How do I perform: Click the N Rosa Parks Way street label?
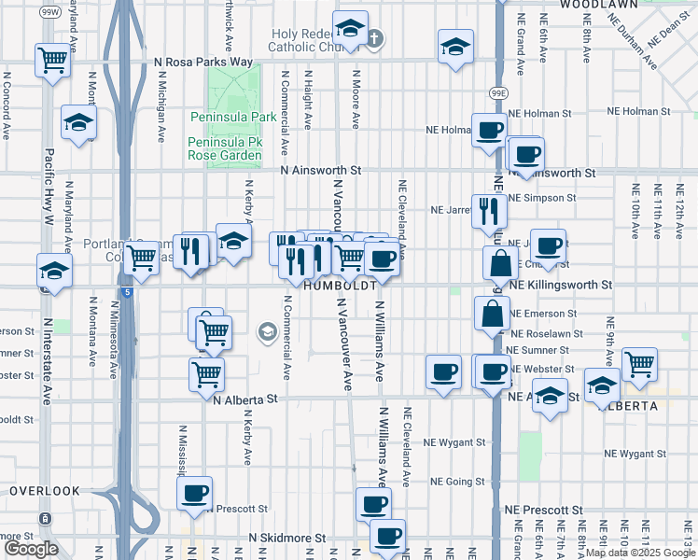pyautogui.click(x=203, y=62)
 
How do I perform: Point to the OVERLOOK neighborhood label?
pyautogui.click(x=45, y=490)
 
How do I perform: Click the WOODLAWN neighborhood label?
pyautogui.click(x=598, y=5)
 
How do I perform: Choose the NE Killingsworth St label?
pyautogui.click(x=561, y=284)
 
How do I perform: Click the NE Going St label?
pyautogui.click(x=457, y=483)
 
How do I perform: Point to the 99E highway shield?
pyautogui.click(x=499, y=93)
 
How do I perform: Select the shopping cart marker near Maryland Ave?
pyautogui.click(x=52, y=60)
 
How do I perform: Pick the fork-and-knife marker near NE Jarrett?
pyautogui.click(x=489, y=213)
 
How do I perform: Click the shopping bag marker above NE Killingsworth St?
pyautogui.click(x=500, y=263)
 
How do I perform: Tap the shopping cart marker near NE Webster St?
pyautogui.click(x=639, y=365)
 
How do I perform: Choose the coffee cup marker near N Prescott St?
pyautogui.click(x=194, y=494)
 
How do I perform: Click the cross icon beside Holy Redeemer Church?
pyautogui.click(x=374, y=38)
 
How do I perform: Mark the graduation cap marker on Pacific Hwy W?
pyautogui.click(x=54, y=272)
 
